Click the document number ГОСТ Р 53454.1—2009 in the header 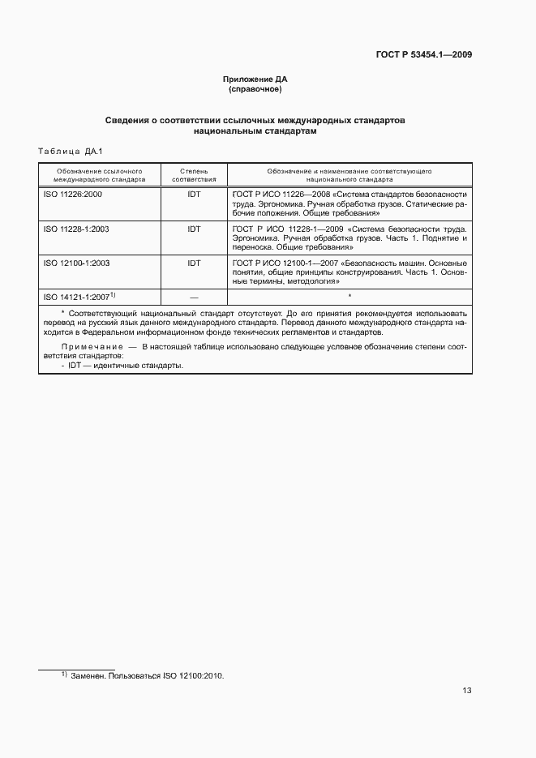tap(424, 55)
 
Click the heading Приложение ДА tap(255, 79)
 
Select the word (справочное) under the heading tap(255, 89)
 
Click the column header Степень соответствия tap(194, 176)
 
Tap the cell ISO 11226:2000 tap(73, 195)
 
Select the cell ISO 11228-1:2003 tap(76, 229)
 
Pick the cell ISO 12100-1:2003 tap(76, 263)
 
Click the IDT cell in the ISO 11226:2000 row tap(194, 195)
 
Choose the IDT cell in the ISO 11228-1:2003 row tap(194, 229)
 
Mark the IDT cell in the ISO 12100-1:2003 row tap(194, 263)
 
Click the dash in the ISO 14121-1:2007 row tap(194, 298)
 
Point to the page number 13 tap(466, 692)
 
